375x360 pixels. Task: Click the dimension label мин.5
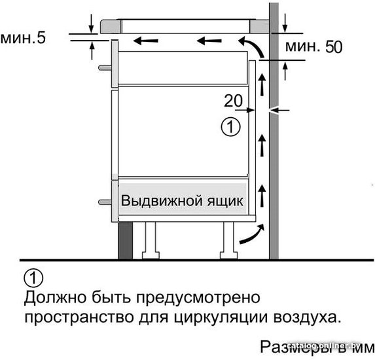click(23, 38)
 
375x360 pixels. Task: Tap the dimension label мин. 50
click(313, 46)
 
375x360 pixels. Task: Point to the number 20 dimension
click(233, 101)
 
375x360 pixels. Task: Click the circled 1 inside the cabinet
click(230, 127)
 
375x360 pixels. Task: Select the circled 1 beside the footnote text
click(33, 278)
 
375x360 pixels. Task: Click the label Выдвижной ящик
click(182, 201)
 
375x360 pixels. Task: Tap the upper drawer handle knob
click(105, 67)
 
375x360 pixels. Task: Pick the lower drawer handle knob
click(105, 202)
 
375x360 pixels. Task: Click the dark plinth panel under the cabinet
click(125, 240)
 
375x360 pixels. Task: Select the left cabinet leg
click(151, 240)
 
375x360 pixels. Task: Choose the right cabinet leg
click(229, 240)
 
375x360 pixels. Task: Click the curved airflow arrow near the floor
click(253, 236)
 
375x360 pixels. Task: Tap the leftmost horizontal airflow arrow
click(146, 41)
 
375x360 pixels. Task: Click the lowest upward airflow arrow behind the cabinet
click(262, 196)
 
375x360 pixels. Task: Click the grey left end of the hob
click(111, 26)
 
